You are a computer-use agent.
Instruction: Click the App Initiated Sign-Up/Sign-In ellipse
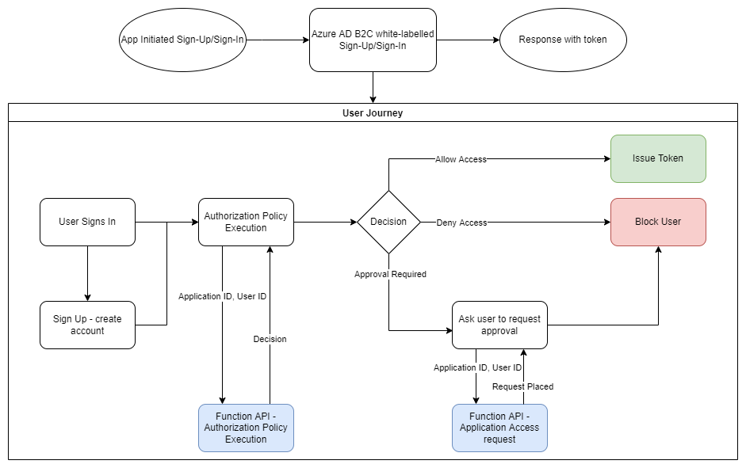182,40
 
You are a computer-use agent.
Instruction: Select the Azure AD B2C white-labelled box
373,40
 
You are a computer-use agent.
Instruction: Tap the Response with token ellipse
563,40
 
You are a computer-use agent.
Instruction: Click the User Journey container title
373,113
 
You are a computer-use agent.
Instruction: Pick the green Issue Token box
658,158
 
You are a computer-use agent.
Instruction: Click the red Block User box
658,222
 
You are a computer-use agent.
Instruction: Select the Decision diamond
388,222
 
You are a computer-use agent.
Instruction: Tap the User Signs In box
87,222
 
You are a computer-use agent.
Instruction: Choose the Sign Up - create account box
87,325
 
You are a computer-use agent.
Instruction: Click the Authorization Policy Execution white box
246,222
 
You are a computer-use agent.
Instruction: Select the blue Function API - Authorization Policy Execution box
246,428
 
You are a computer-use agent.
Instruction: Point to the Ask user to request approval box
499,325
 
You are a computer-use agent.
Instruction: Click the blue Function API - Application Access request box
499,428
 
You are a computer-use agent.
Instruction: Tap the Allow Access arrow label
461,159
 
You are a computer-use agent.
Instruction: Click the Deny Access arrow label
461,223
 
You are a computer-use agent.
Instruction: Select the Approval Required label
390,274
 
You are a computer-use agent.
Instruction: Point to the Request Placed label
522,386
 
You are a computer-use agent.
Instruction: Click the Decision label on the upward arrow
270,339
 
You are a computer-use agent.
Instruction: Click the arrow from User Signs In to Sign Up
87,273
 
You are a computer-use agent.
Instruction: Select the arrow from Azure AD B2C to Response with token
468,40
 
